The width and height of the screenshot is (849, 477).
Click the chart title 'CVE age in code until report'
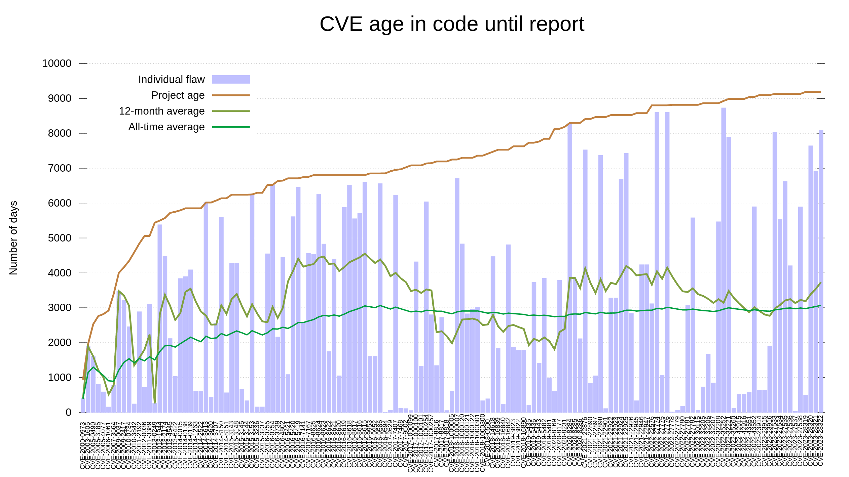pos(452,24)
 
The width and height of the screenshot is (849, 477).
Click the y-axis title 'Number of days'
pos(13,238)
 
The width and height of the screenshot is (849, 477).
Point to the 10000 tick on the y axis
pos(57,63)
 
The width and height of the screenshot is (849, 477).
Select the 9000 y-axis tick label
pos(60,98)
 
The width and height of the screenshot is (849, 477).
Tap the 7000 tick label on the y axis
pos(60,168)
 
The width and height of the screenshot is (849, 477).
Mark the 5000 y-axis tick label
pos(60,238)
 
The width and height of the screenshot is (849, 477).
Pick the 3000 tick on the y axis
pos(60,308)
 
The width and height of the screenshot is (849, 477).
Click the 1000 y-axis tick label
pos(60,378)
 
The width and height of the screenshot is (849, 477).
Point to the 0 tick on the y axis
pos(69,413)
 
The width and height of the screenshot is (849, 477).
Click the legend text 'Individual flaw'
pos(171,80)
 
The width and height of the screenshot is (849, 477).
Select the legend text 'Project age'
pos(178,95)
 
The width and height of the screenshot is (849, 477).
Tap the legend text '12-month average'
pos(161,111)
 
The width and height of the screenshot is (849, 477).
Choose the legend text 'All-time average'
pos(166,127)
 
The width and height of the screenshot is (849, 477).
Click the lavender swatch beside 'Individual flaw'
pos(231,80)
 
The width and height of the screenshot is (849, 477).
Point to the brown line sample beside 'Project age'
pos(231,95)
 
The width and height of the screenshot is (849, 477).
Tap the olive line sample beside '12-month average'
pos(231,111)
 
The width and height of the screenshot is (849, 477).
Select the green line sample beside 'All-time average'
pos(231,127)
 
